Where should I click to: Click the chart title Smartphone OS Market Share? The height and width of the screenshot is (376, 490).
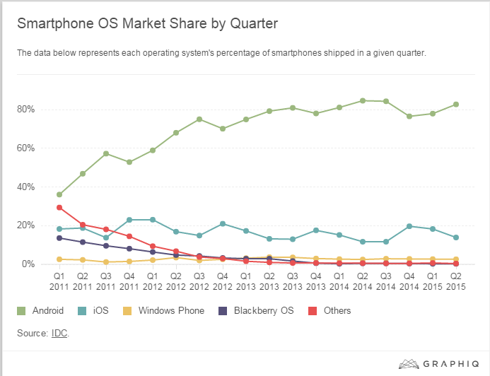pos(147,23)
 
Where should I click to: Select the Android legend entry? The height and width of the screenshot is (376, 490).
pos(46,310)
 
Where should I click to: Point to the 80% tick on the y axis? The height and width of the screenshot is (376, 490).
pos(26,110)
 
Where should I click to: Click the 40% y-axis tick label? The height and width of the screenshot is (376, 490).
pos(26,187)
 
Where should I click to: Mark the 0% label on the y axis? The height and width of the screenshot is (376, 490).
pos(28,264)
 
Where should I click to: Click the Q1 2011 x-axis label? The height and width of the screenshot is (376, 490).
pos(59,281)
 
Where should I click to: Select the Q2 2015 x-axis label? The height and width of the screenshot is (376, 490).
pos(456,281)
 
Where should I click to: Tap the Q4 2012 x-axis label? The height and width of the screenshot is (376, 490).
pos(223,281)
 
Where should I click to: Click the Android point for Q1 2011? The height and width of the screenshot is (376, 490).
pos(59,194)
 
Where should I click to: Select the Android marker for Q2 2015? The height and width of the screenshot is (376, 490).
pos(456,105)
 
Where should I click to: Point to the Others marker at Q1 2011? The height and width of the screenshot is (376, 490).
pos(59,207)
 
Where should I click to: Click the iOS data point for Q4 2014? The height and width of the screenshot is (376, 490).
pos(409,226)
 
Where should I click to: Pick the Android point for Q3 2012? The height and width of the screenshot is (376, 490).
pos(199,119)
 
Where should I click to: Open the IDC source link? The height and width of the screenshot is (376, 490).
pos(59,332)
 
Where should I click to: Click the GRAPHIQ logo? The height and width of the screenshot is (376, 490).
pos(438,364)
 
